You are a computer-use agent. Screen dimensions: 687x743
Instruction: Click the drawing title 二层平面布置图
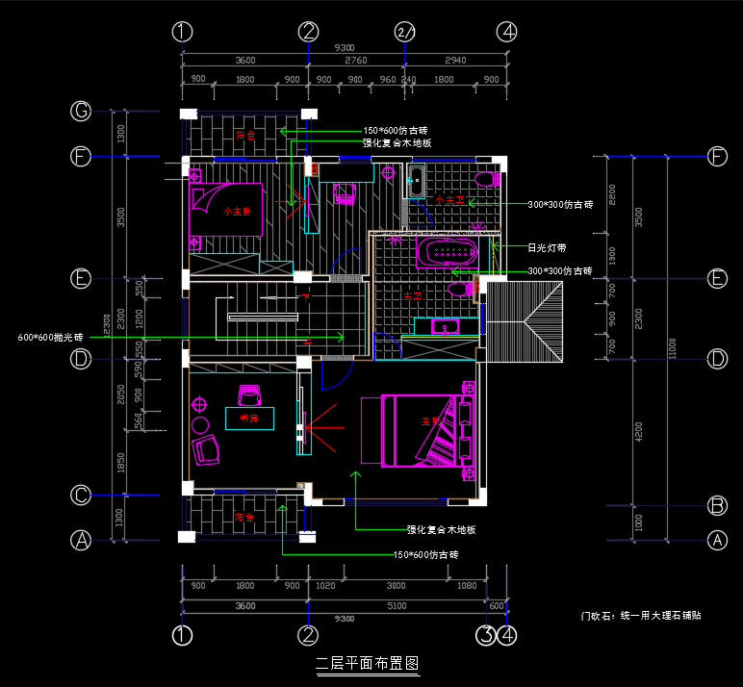click(368, 663)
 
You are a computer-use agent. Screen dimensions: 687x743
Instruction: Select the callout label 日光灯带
click(546, 247)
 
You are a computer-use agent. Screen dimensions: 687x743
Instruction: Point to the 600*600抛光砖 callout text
click(51, 338)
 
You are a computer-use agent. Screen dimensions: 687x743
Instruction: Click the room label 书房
click(249, 419)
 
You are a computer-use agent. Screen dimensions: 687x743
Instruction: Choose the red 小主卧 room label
click(237, 212)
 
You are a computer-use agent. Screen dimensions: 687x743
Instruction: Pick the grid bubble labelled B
click(717, 505)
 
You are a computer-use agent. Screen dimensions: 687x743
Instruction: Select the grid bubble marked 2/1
click(405, 32)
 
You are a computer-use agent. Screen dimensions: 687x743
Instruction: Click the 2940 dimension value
click(455, 61)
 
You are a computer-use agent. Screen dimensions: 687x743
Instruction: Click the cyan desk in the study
click(249, 418)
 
